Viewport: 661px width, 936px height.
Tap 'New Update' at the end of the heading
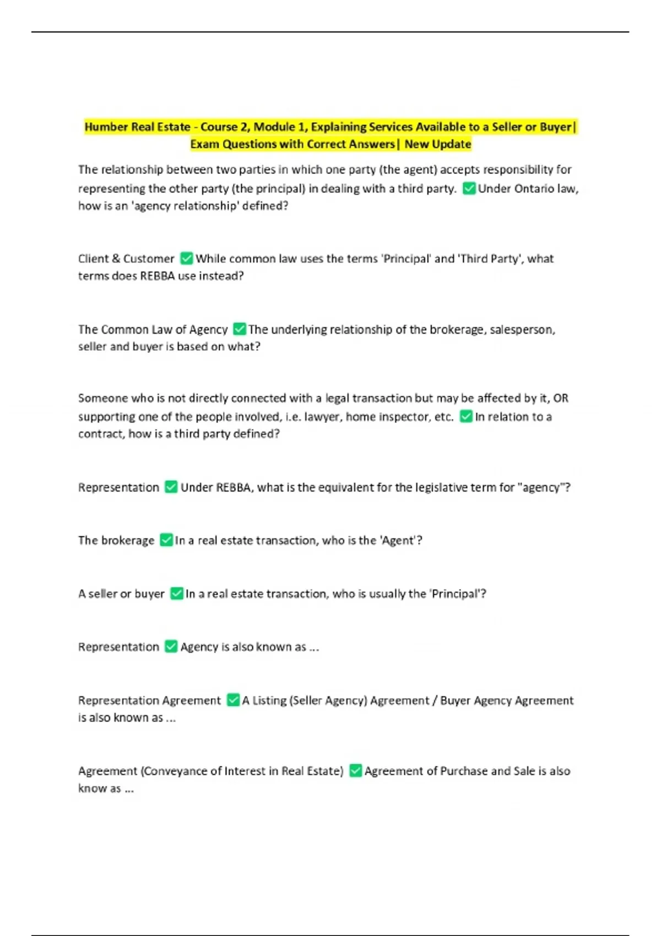tap(438, 144)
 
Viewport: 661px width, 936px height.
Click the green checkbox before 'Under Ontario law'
tap(469, 188)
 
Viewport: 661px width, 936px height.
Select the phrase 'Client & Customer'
tap(126, 259)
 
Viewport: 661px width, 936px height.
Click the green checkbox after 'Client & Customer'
tap(187, 258)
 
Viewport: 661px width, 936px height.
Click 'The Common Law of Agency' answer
tap(153, 329)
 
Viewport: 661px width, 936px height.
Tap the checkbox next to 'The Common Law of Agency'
tap(239, 329)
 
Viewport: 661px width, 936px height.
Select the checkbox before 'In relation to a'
tap(466, 417)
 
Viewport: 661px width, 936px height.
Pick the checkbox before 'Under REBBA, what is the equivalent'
tap(171, 487)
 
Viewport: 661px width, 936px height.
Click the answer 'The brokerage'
tap(116, 541)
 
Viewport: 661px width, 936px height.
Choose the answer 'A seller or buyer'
tap(121, 594)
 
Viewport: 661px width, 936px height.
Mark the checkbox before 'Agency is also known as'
tap(171, 647)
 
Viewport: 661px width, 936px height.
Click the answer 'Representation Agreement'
tap(149, 700)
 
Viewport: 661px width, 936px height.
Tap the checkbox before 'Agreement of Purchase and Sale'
tap(356, 771)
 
